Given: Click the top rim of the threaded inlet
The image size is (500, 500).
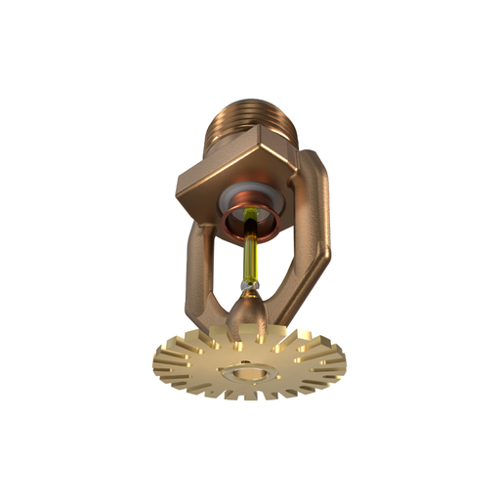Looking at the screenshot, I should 249,100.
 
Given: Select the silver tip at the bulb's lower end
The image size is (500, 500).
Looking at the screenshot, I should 251,285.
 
